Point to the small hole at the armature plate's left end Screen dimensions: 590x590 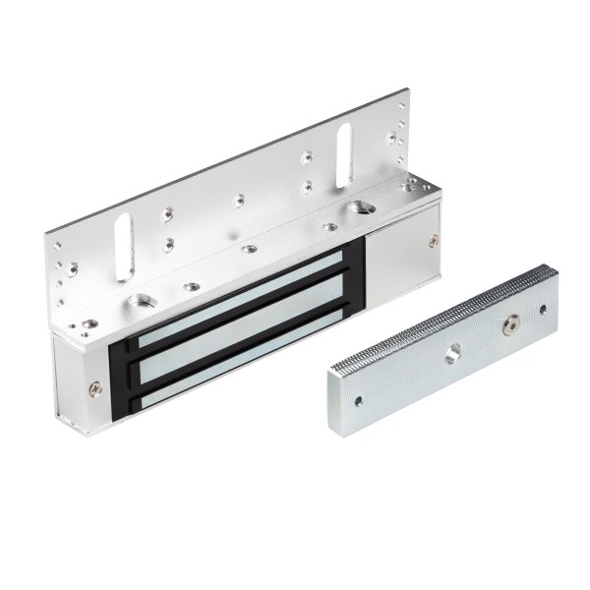[x=358, y=400]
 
